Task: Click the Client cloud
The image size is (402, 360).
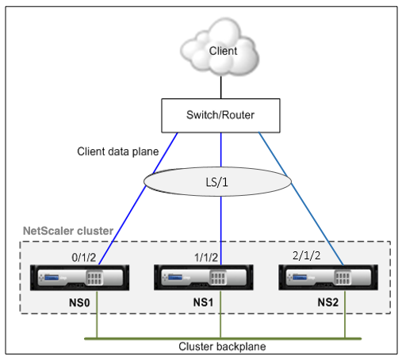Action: (220, 48)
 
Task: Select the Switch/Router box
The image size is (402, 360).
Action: (220, 116)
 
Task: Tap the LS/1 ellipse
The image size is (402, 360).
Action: (217, 182)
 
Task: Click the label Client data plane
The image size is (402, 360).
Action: (118, 151)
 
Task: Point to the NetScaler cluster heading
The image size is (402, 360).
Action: (68, 231)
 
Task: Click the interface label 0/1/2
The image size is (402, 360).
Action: (84, 258)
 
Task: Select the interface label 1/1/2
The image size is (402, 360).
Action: (206, 258)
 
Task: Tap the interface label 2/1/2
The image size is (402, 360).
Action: (307, 255)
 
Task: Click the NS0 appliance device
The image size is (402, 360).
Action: (79, 278)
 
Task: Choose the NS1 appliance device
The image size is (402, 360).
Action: (204, 278)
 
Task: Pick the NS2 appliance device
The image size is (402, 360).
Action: (328, 278)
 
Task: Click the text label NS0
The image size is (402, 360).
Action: (79, 303)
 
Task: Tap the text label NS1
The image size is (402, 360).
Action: (203, 302)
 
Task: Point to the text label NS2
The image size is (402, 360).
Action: (328, 302)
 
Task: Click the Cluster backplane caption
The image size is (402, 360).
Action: (222, 347)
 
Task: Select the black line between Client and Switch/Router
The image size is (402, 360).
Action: (221, 87)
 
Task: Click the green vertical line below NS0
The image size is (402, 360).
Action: (97, 314)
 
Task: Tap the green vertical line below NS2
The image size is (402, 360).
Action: (345, 314)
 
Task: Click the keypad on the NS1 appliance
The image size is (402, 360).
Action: (218, 278)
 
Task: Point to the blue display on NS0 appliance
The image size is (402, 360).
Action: (52, 278)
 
